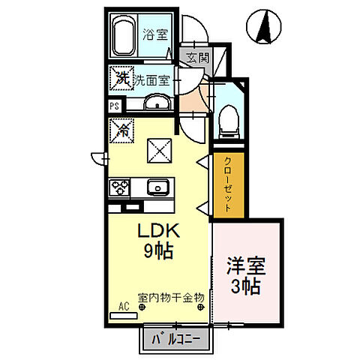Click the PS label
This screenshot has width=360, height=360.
[115, 106]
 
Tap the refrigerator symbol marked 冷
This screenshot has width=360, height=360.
[121, 130]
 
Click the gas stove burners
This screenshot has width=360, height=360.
[121, 187]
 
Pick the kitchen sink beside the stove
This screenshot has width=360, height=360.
[157, 187]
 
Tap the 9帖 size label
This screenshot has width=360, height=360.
[158, 251]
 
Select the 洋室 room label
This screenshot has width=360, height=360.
[246, 266]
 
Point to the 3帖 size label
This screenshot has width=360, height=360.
[246, 286]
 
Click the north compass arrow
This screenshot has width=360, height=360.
[264, 28]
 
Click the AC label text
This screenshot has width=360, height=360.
[124, 307]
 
